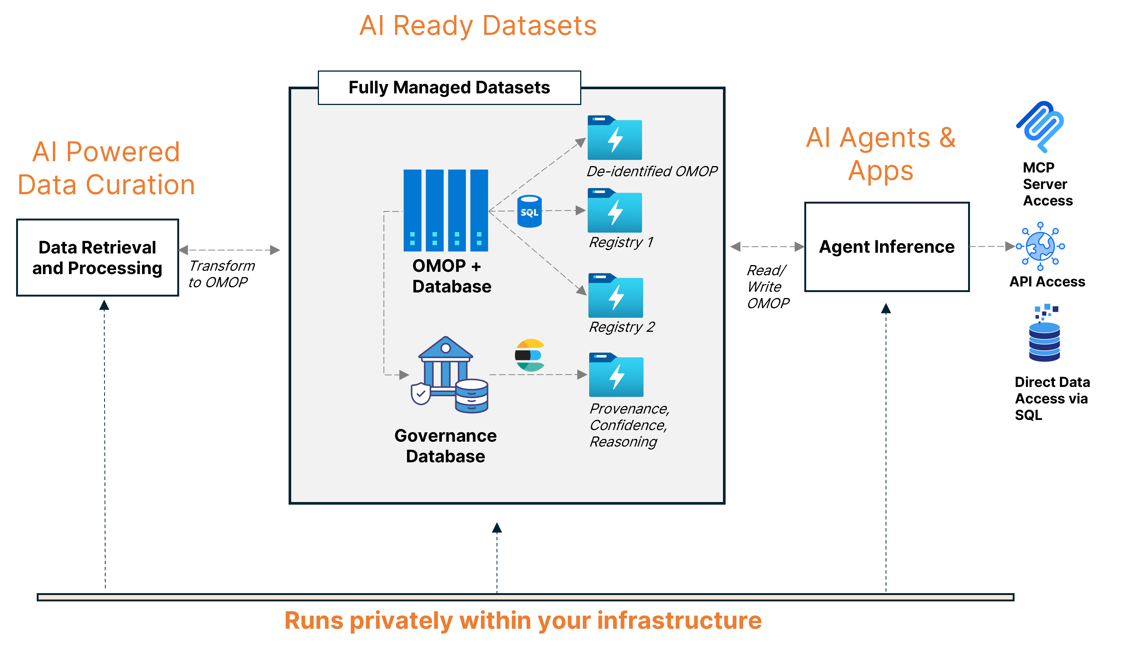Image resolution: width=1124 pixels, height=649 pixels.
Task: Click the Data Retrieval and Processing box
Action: click(x=97, y=258)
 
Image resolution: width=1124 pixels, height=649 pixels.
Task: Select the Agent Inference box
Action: click(x=886, y=247)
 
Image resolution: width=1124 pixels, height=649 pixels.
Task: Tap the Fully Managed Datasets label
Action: click(x=449, y=88)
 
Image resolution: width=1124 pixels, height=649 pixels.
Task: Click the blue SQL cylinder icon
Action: click(x=529, y=211)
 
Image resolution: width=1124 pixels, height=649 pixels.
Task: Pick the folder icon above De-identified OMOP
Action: click(x=614, y=138)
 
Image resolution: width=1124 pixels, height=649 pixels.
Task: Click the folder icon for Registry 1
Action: click(x=614, y=211)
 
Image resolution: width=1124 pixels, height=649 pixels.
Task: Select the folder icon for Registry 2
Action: click(x=615, y=296)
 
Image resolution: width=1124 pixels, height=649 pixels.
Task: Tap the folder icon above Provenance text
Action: click(x=616, y=375)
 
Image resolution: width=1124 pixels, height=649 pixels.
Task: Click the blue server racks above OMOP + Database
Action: click(x=446, y=210)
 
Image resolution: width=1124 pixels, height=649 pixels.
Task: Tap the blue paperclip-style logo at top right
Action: click(x=1039, y=127)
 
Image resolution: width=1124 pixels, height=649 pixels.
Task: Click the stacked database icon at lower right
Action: click(x=1045, y=334)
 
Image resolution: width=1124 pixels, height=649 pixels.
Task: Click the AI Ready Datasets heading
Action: click(x=477, y=26)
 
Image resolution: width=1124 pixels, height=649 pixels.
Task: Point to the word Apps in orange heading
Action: click(x=880, y=171)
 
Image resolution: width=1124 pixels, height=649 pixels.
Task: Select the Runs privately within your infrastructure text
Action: click(x=522, y=621)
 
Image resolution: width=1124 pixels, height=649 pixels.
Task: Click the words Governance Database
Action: click(x=446, y=446)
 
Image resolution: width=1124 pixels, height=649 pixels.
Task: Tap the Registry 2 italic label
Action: click(x=621, y=327)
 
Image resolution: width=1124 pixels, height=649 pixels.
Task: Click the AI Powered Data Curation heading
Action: click(x=106, y=168)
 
